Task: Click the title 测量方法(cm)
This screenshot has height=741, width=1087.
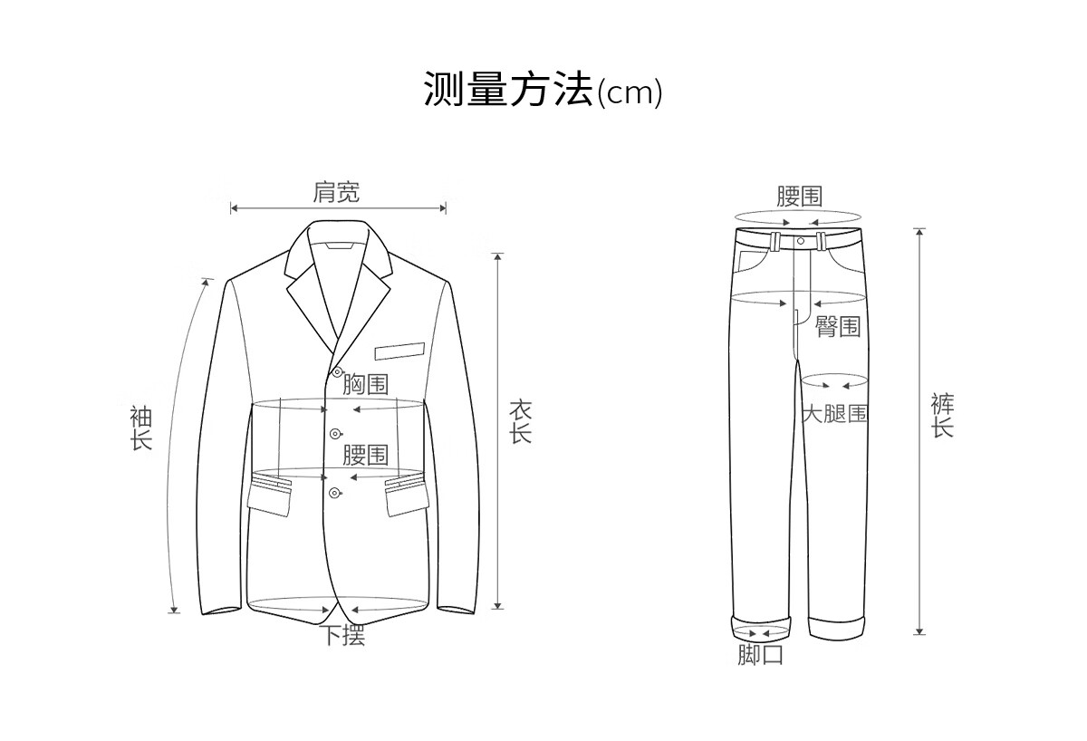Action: (x=543, y=90)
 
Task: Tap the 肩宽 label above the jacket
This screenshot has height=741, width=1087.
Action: (x=336, y=192)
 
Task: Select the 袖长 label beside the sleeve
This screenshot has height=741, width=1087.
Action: (x=140, y=428)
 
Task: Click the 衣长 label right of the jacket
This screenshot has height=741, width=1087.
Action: (x=519, y=422)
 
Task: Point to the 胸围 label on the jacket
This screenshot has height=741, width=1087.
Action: (x=366, y=386)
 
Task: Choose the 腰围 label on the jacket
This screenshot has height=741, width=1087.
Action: (x=366, y=454)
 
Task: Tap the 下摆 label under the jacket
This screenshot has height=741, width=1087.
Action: (x=344, y=636)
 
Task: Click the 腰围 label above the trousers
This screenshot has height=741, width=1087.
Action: (x=799, y=197)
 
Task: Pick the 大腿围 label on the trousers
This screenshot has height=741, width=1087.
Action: (x=835, y=415)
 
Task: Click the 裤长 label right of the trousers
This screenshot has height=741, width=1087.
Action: (x=943, y=417)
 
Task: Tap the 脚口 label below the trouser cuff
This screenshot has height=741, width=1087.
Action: (x=760, y=655)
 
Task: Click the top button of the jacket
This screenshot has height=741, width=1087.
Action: (x=337, y=372)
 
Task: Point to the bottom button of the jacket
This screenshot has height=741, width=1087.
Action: (x=335, y=492)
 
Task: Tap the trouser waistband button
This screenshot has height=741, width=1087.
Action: (x=801, y=241)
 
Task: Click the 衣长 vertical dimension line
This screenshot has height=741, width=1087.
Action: (x=496, y=431)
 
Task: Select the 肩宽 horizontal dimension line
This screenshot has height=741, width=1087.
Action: (x=338, y=208)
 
